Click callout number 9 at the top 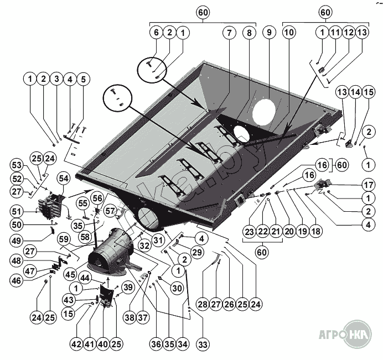(270, 33)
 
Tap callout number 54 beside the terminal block (63, 179)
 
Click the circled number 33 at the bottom (203, 344)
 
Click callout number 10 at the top (288, 33)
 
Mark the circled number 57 (110, 211)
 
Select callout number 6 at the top (156, 33)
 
